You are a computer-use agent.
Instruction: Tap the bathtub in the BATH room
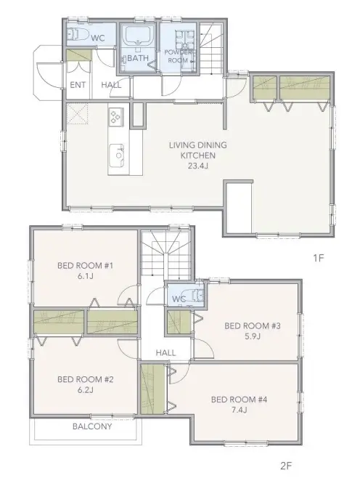click(x=138, y=36)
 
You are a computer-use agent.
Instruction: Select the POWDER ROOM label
click(x=179, y=57)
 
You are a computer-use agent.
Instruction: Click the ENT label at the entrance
click(x=78, y=85)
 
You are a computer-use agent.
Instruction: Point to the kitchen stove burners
click(x=115, y=117)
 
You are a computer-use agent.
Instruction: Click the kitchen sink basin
click(x=118, y=155)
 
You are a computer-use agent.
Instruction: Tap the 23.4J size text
click(x=198, y=166)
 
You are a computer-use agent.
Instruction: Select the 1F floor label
click(x=319, y=258)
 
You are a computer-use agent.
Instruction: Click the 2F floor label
click(x=286, y=466)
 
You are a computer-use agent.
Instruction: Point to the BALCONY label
click(x=92, y=426)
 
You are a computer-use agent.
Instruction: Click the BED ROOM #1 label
click(x=85, y=266)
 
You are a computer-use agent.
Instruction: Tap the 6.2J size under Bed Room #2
click(x=85, y=390)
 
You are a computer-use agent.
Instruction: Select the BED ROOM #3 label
click(x=253, y=326)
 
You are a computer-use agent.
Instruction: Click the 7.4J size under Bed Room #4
click(x=239, y=410)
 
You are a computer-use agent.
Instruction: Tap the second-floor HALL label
click(x=165, y=353)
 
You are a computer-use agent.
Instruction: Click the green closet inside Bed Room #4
click(x=153, y=389)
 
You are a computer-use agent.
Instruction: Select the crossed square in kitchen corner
click(x=78, y=113)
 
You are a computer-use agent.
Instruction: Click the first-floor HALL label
click(x=111, y=85)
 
